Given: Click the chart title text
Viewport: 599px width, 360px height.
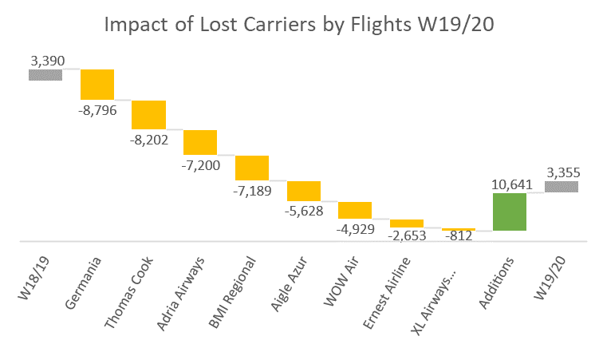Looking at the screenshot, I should (x=299, y=27).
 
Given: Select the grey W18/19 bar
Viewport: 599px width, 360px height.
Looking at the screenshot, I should (x=45, y=75).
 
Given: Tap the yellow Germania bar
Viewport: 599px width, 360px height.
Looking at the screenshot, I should (x=97, y=85).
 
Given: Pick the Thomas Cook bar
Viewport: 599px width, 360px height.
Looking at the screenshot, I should (x=148, y=115).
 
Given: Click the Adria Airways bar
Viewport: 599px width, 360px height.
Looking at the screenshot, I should (x=200, y=142).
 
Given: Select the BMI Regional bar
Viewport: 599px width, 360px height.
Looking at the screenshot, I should (x=252, y=168).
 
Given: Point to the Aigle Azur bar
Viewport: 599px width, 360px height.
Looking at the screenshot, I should (x=303, y=192).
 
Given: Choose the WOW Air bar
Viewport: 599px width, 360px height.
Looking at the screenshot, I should (x=355, y=210).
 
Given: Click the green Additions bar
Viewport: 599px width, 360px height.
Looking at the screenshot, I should (x=510, y=212).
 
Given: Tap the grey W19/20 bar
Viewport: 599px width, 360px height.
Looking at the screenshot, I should (x=562, y=187).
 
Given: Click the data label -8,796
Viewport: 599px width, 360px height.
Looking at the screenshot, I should (x=97, y=110).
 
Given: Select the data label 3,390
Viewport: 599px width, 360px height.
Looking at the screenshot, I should (x=45, y=60).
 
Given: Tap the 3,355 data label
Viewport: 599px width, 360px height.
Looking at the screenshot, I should (x=562, y=172).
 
